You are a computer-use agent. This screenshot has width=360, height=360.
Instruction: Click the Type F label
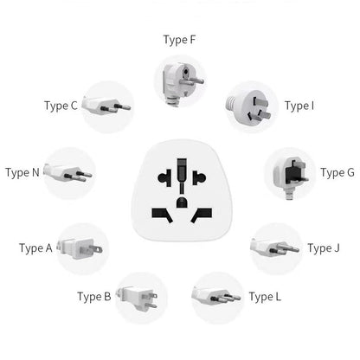pyautogui.click(x=180, y=39)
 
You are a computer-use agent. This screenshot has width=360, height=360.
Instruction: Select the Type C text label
pyautogui.click(x=61, y=106)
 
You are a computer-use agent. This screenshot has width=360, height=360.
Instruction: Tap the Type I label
pyautogui.click(x=299, y=106)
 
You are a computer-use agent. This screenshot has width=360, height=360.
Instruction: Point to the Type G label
pyautogui.click(x=337, y=172)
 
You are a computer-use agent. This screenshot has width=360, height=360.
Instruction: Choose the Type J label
pyautogui.click(x=325, y=248)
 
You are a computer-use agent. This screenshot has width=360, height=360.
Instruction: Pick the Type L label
pyautogui.click(x=265, y=297)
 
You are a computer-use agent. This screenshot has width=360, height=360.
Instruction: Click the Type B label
pyautogui.click(x=94, y=297)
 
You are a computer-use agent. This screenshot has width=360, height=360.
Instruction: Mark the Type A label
pyautogui.click(x=36, y=248)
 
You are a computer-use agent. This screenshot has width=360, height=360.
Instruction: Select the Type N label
pyautogui.click(x=22, y=172)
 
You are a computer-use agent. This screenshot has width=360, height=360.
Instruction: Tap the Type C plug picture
pyautogui.click(x=107, y=106)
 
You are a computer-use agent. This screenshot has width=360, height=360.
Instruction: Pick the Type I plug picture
pyautogui.click(x=251, y=106)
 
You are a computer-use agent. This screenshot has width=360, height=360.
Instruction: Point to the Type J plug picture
pyautogui.click(x=274, y=248)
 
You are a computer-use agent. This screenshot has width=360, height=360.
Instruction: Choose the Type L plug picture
pyautogui.click(x=216, y=297)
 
